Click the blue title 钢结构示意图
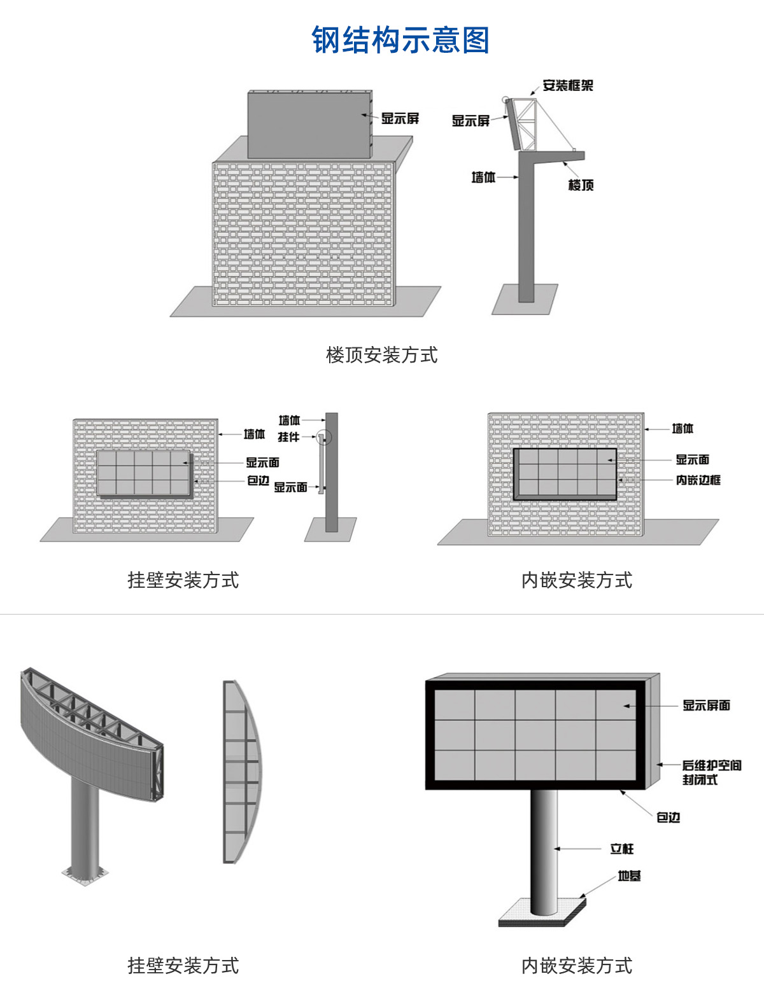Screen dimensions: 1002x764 [400, 41]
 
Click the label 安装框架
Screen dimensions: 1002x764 [567, 85]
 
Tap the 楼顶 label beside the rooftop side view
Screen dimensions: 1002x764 [581, 185]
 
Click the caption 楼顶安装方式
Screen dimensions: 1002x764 [381, 355]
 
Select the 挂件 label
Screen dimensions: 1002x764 [288, 437]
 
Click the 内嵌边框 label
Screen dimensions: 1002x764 [698, 480]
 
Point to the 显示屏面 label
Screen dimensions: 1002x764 [706, 705]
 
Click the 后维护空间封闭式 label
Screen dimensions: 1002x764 [711, 772]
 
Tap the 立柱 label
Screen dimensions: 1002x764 [622, 849]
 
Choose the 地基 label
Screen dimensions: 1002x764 [629, 876]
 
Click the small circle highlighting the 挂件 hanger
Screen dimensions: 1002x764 [325, 437]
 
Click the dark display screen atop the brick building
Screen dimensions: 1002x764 [308, 125]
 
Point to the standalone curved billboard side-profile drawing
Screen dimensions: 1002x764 [241, 772]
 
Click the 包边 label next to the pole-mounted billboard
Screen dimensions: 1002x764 [668, 817]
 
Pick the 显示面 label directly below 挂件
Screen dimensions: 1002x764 [290, 487]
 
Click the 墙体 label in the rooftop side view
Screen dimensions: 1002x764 [483, 177]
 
